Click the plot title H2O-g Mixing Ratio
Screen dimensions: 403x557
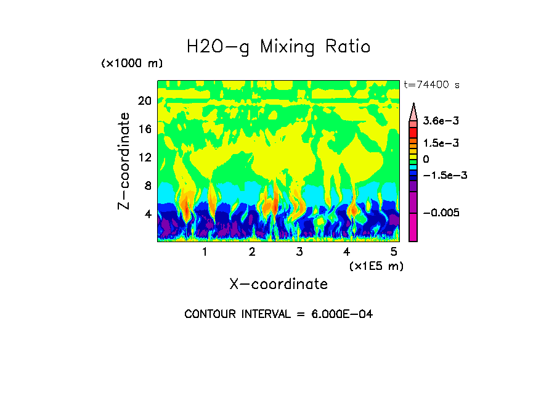point(278,47)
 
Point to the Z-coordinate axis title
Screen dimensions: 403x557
point(124,161)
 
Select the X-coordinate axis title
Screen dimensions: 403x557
point(278,284)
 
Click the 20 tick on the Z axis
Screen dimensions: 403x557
point(144,101)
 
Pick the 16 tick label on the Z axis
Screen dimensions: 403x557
point(144,129)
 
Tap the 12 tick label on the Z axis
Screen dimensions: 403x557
point(144,158)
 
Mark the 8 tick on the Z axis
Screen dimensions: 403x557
point(147,186)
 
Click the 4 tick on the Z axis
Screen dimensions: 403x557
point(147,214)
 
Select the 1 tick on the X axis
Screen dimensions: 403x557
point(205,252)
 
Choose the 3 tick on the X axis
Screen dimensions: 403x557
point(299,252)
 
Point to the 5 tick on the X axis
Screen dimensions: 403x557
point(394,252)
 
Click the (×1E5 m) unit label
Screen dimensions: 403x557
point(376,266)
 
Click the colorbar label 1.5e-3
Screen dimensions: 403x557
point(437,143)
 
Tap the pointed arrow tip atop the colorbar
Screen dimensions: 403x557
point(413,105)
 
